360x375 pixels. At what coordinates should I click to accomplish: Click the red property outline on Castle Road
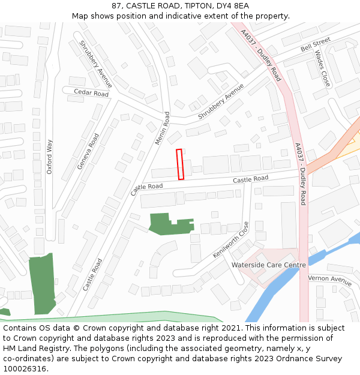point(180,164)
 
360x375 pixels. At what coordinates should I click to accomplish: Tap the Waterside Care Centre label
point(268,265)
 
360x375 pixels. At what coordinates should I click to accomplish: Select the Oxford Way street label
point(50,157)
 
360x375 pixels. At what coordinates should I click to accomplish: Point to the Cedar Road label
point(91,93)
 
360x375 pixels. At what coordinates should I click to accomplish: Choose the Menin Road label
point(163,128)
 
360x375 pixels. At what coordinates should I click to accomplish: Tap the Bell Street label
point(316,43)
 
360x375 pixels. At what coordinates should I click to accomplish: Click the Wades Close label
point(323,68)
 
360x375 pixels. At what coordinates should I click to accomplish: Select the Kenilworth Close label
point(231,240)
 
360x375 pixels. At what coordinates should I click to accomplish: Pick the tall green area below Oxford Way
point(42,284)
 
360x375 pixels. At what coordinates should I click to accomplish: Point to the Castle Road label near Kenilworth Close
point(250,179)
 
